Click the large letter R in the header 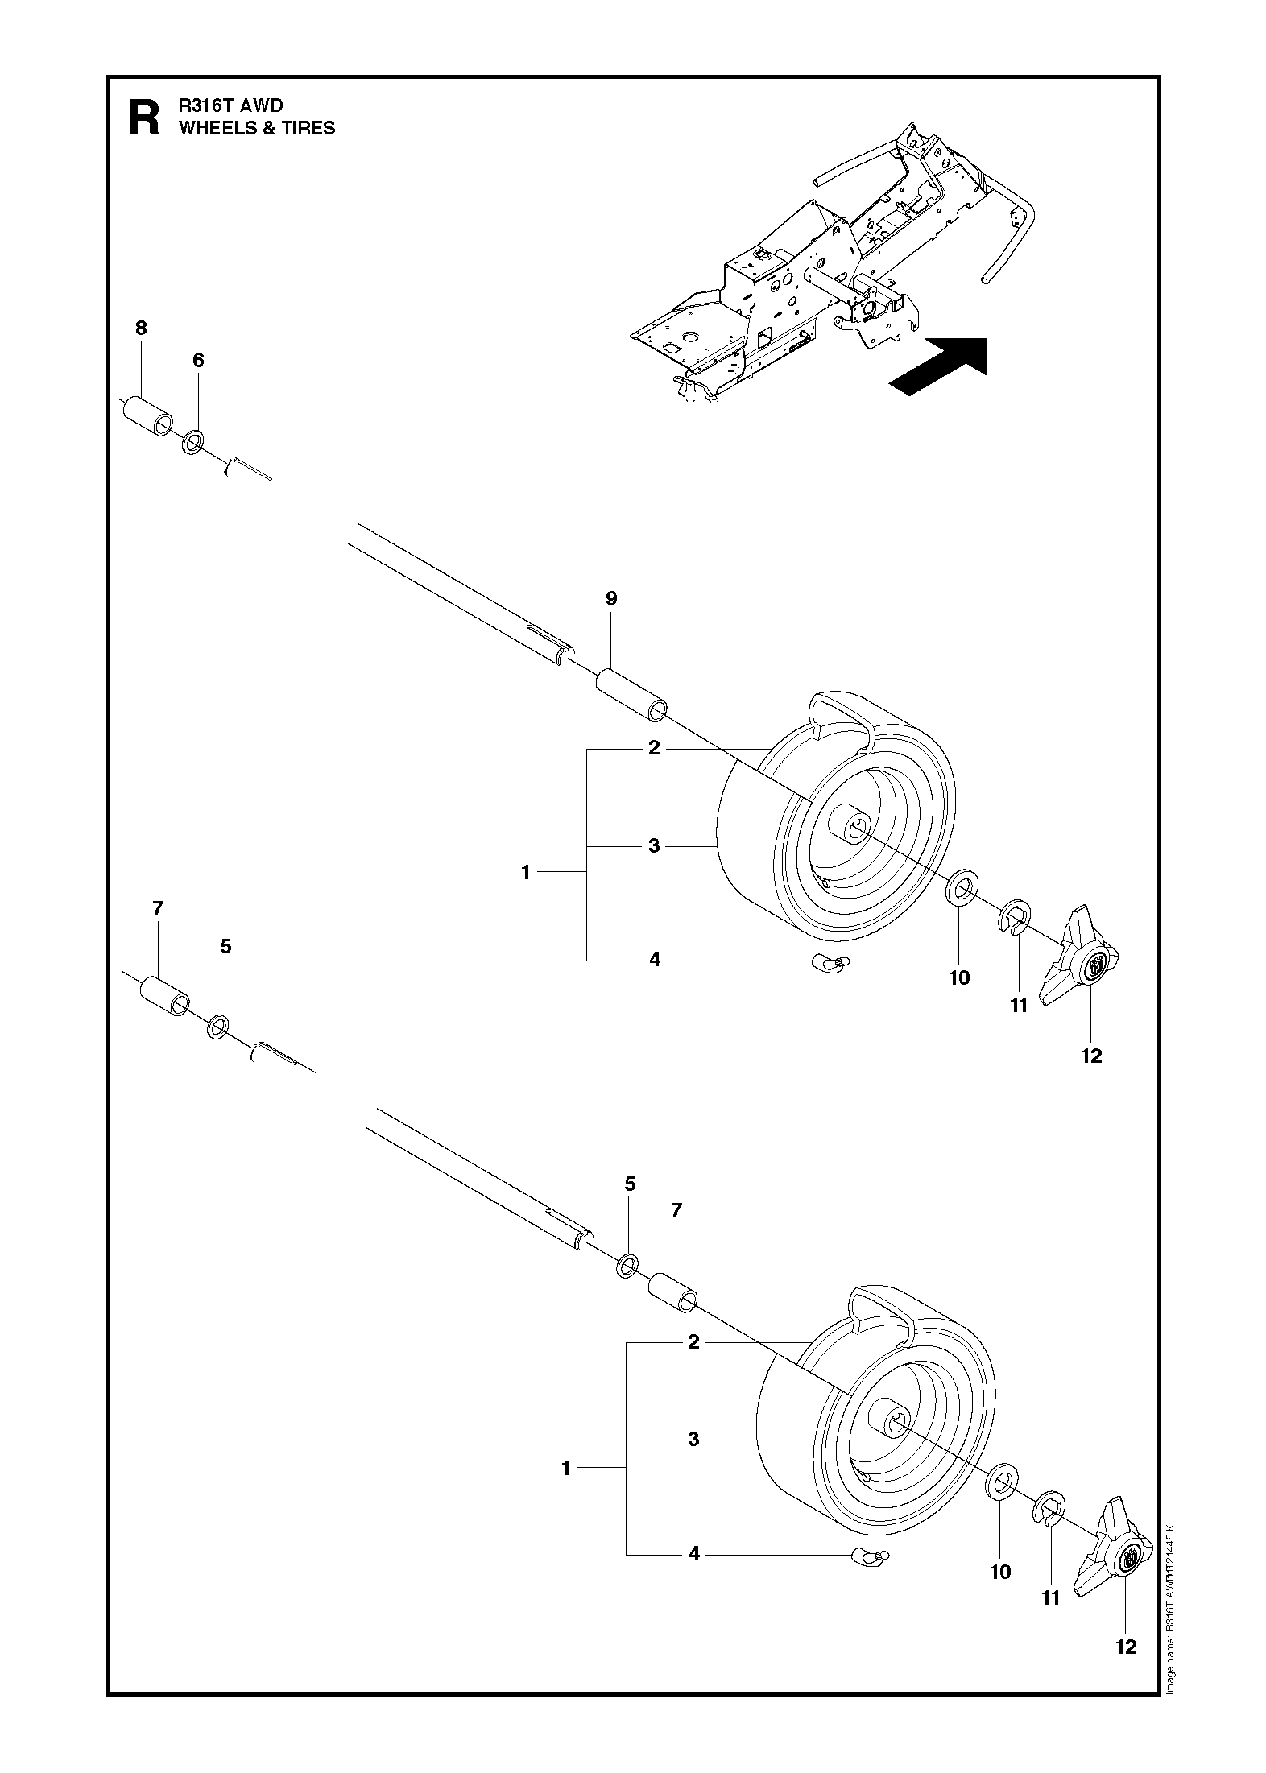point(145,118)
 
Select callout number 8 point(141,328)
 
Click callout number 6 point(198,360)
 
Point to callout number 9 point(611,598)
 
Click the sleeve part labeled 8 point(147,416)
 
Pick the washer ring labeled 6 point(193,442)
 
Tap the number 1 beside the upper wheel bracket point(526,872)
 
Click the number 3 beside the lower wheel point(694,1439)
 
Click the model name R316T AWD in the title point(231,105)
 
